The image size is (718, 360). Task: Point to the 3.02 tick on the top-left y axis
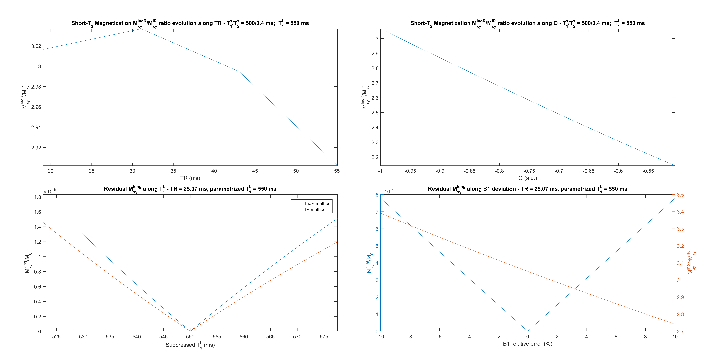click(x=36, y=46)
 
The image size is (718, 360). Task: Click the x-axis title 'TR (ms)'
click(x=190, y=178)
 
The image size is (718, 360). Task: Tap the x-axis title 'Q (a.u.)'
click(x=527, y=178)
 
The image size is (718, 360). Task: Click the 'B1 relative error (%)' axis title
click(x=527, y=344)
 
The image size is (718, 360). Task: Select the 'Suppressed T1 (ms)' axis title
click(x=190, y=345)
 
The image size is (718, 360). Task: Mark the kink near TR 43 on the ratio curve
click(x=239, y=72)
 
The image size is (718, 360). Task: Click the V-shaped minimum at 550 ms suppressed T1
click(x=190, y=331)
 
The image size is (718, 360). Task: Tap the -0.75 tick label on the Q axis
click(x=529, y=171)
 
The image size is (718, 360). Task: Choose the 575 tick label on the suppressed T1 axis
click(x=324, y=337)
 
